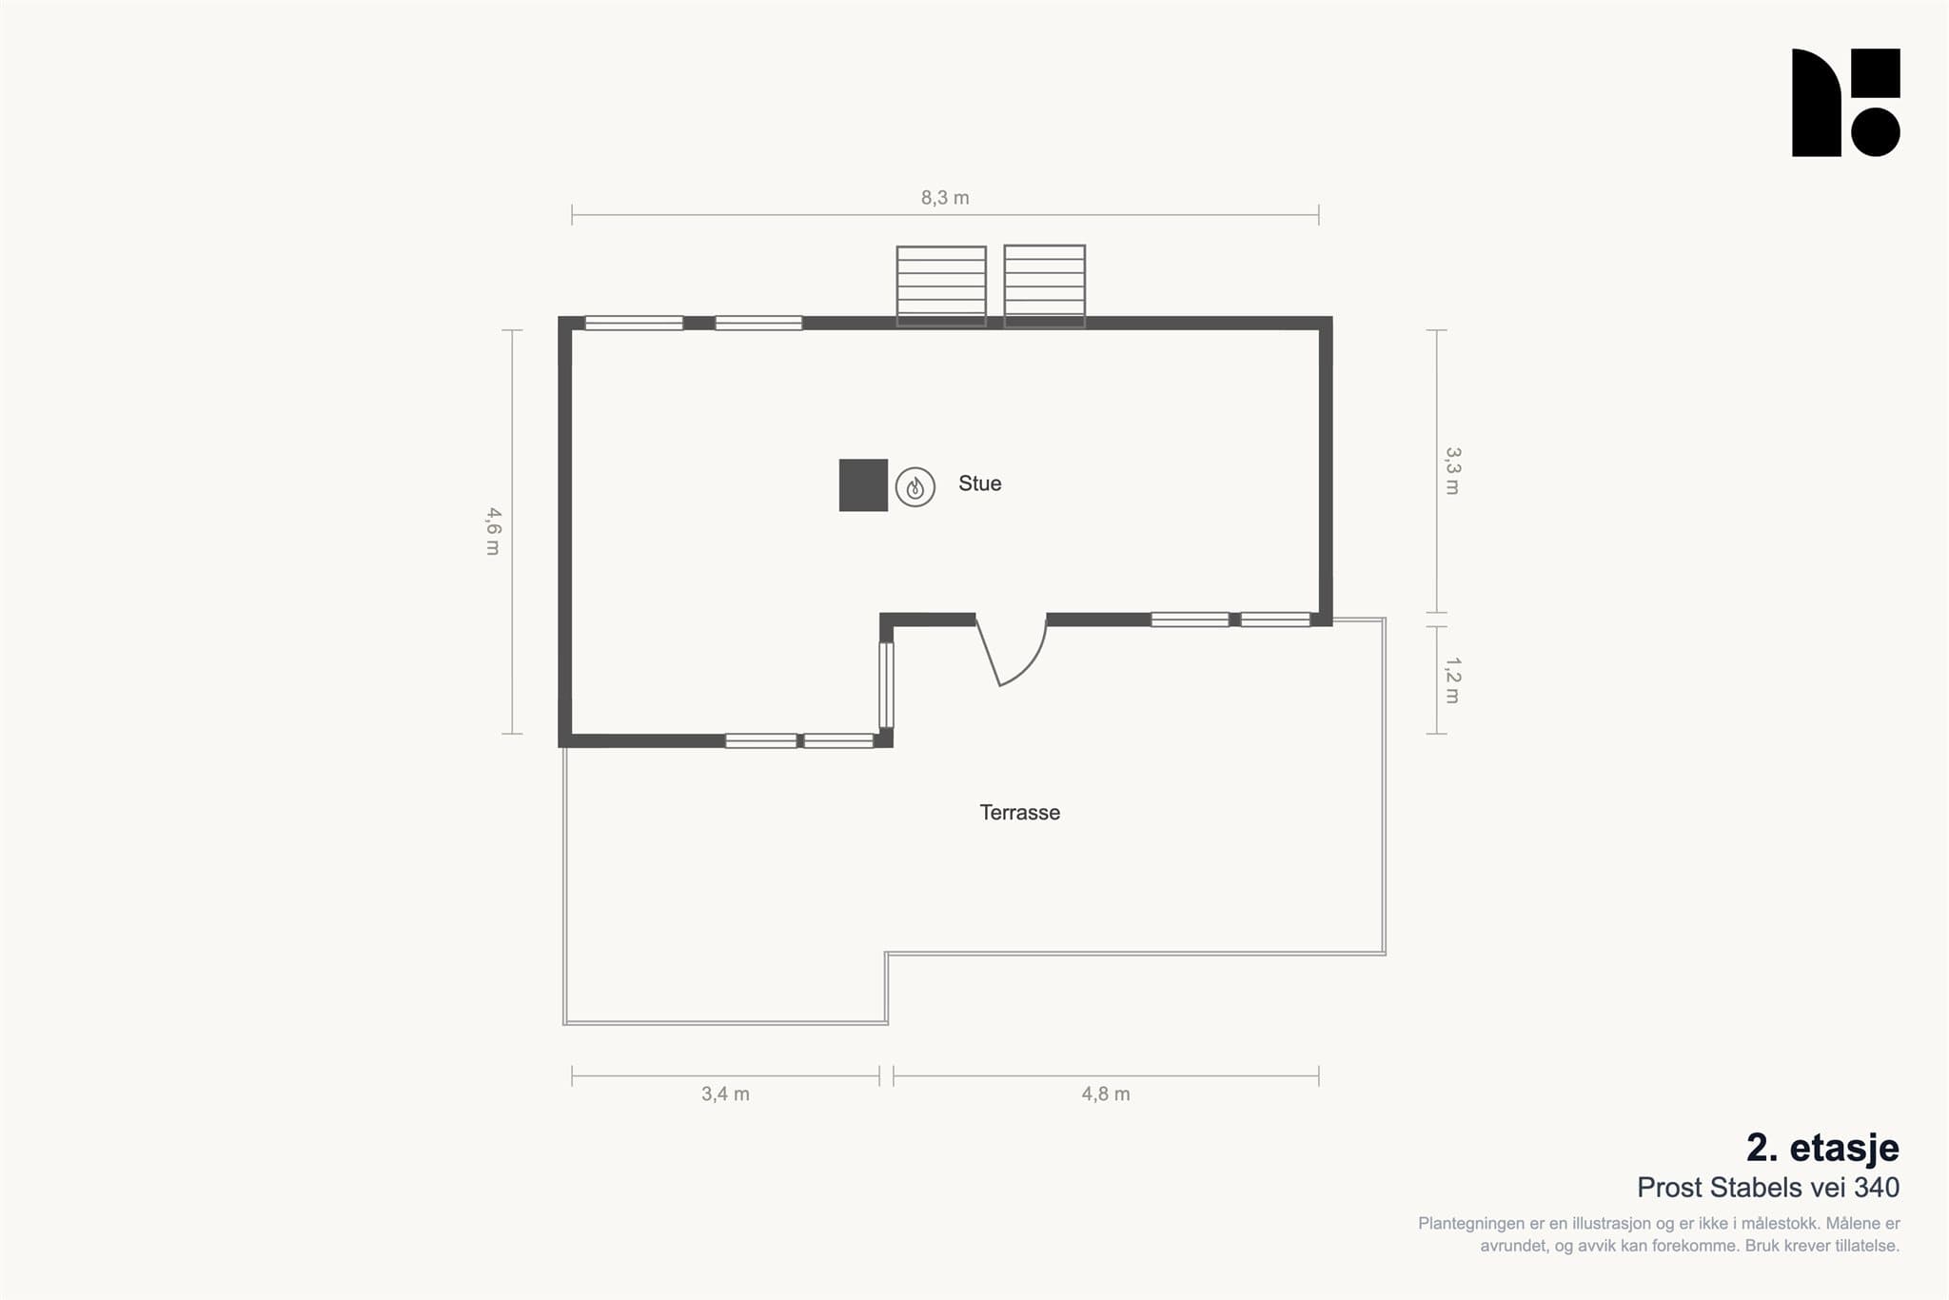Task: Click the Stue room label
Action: point(979,483)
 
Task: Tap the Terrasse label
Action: point(1019,813)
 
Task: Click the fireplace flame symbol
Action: point(915,487)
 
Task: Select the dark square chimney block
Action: point(863,485)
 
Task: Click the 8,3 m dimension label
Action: point(945,198)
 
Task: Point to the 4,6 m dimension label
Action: point(493,531)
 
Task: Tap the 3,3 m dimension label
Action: point(1452,471)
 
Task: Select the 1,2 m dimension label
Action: point(1452,680)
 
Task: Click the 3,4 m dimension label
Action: point(725,1094)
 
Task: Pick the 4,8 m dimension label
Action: point(1106,1094)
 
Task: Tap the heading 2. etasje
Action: point(1822,1148)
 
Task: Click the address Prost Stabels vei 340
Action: point(1768,1188)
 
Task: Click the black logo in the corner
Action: point(1846,103)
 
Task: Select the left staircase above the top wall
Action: point(941,286)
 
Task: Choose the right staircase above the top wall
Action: point(1045,286)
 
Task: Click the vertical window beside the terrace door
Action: point(886,685)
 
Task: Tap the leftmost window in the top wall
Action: point(634,324)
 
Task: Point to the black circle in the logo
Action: point(1876,132)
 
